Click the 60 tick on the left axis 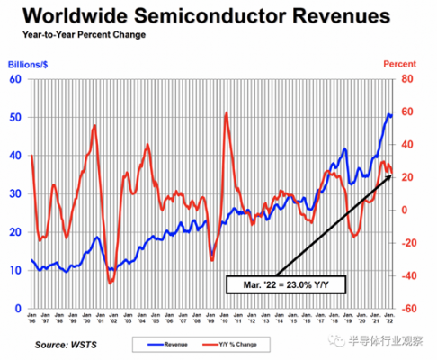pos(16,79)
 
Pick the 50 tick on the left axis pos(16,118)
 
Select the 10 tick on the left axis pos(16,270)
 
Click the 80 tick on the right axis pos(406,79)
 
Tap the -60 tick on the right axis pos(407,308)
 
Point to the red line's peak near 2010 pos(225,113)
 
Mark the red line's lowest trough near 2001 pos(110,283)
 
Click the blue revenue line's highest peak pos(388,114)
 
